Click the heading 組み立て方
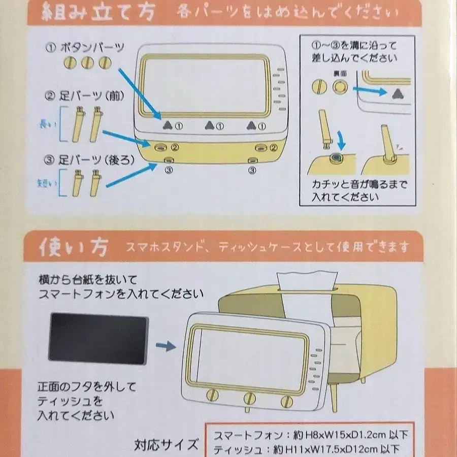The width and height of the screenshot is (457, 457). tap(98, 12)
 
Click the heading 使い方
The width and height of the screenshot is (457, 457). tap(74, 247)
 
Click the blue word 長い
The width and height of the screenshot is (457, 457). tap(48, 124)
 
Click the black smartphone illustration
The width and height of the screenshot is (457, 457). tap(99, 338)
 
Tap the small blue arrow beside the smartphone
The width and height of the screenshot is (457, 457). tap(166, 346)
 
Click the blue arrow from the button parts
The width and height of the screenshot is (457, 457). tap(140, 94)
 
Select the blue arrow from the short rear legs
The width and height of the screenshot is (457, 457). tap(132, 175)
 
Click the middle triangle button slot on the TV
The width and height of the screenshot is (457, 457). tap(210, 125)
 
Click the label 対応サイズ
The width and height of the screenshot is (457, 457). tap(167, 445)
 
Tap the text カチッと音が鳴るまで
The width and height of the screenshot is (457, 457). tap(360, 184)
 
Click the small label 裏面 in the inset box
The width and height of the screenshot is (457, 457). tap(340, 74)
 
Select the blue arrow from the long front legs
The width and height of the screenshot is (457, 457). tap(126, 139)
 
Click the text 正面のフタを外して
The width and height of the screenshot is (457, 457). tap(87, 387)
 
